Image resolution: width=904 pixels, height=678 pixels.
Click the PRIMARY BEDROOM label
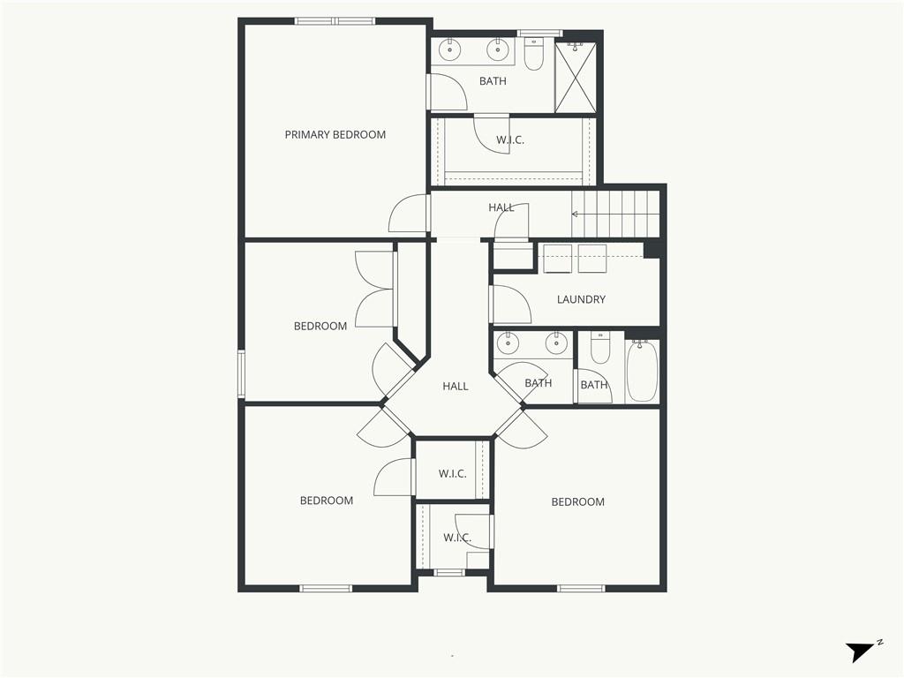[335, 135]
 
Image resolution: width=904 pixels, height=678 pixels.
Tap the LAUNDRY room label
[581, 299]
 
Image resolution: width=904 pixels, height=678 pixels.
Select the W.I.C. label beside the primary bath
[510, 139]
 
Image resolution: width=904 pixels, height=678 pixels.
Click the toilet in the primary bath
[534, 54]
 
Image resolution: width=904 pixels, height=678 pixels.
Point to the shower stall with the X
[576, 77]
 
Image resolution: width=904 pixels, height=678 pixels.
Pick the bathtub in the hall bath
[642, 370]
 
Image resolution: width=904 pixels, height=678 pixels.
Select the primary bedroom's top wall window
[335, 21]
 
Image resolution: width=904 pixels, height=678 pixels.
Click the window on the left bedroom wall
[242, 373]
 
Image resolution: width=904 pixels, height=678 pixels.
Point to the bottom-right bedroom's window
[581, 588]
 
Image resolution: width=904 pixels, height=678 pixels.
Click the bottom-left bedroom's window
[326, 588]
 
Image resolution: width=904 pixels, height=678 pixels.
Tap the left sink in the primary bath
[449, 50]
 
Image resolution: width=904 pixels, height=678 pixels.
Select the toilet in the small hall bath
[600, 349]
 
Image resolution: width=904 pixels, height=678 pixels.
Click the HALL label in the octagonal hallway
[456, 387]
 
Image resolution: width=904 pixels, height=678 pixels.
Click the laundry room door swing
[511, 304]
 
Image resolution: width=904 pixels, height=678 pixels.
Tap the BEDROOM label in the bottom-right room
[577, 502]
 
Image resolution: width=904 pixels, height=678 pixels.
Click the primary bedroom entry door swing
[408, 214]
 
